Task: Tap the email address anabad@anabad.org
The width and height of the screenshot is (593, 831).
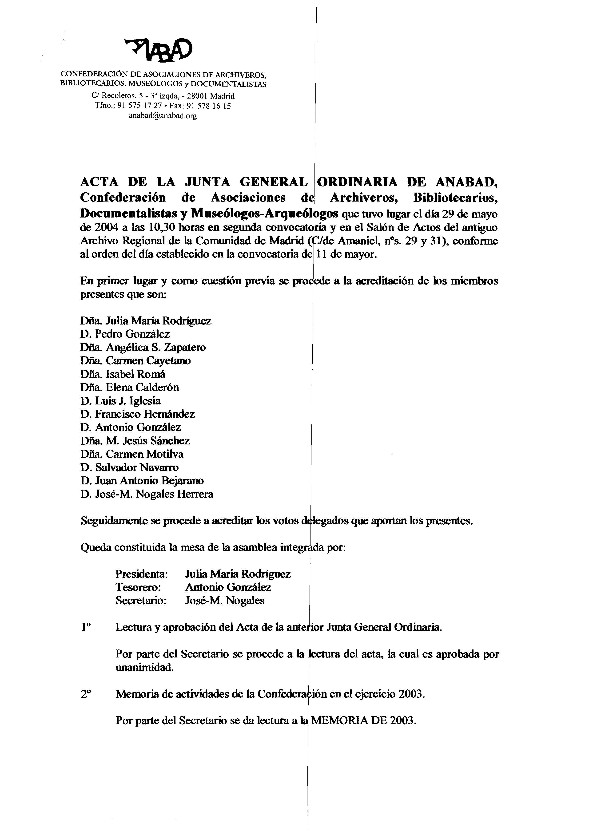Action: [163, 116]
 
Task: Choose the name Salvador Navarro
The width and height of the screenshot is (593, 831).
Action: [137, 467]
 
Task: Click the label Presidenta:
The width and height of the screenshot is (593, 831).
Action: [142, 574]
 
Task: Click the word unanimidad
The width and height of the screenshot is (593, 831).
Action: [144, 668]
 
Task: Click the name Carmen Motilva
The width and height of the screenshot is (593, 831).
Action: [145, 454]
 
